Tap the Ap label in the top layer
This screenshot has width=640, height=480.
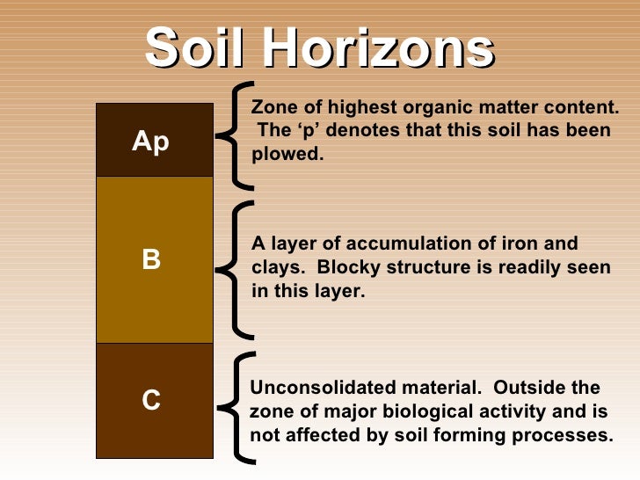(151, 142)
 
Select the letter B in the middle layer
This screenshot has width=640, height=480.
(151, 260)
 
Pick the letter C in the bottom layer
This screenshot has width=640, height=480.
(151, 401)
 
